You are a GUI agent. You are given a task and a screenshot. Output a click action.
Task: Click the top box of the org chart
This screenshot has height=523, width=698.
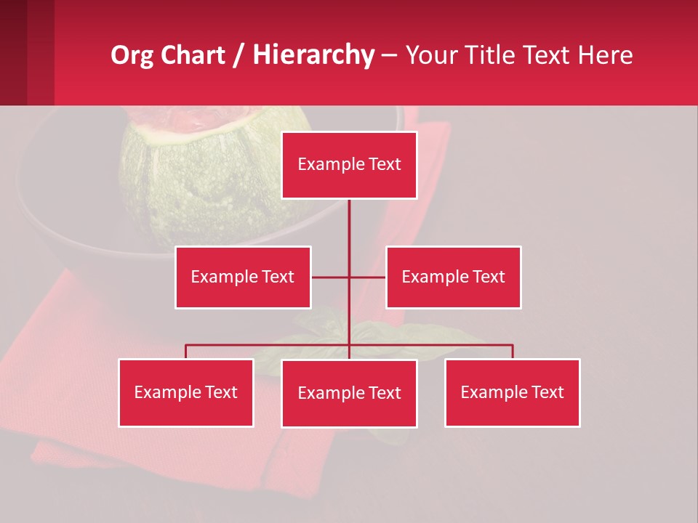pos(349,165)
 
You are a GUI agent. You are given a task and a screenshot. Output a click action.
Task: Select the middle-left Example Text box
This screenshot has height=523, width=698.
pos(243,277)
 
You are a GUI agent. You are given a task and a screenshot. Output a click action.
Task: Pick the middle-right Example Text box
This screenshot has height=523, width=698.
pos(453,277)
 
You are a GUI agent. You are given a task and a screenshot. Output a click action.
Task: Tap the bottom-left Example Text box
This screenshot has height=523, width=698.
pos(185,392)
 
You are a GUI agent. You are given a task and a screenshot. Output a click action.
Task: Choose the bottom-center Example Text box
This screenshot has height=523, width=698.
pos(349,393)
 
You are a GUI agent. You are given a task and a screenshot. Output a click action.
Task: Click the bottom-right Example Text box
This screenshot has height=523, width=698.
pos(512,392)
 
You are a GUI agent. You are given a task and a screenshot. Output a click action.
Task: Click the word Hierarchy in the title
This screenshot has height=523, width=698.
pos(313,55)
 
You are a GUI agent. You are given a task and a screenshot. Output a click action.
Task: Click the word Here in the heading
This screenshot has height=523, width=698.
pos(604,55)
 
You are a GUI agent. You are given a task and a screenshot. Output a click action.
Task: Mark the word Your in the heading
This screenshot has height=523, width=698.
pos(430,55)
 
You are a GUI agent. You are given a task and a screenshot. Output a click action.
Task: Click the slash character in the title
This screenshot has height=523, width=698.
pos(238,55)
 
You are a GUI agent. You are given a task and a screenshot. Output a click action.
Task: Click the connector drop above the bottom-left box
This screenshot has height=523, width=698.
pos(185,352)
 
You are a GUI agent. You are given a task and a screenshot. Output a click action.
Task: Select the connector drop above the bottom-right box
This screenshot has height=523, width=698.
pos(513,352)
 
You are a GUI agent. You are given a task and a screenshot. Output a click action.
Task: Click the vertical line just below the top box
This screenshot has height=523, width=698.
pos(349,218)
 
